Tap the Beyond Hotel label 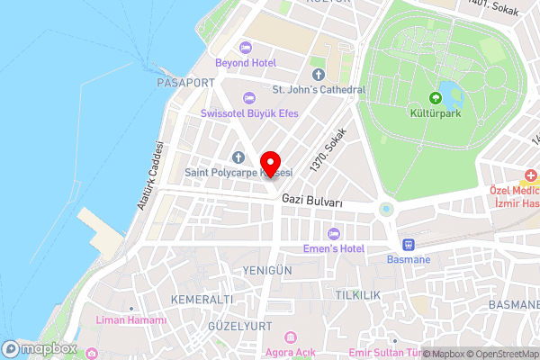pyautogui.click(x=246, y=62)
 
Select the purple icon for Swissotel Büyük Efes pyautogui.click(x=249, y=97)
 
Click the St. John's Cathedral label pyautogui.click(x=319, y=90)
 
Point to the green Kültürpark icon pyautogui.click(x=436, y=97)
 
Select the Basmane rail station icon pyautogui.click(x=408, y=245)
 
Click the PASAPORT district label pyautogui.click(x=186, y=82)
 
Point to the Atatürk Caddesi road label pyautogui.click(x=150, y=176)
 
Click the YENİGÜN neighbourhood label pyautogui.click(x=267, y=270)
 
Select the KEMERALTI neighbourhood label pyautogui.click(x=195, y=299)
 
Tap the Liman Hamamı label pyautogui.click(x=133, y=320)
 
